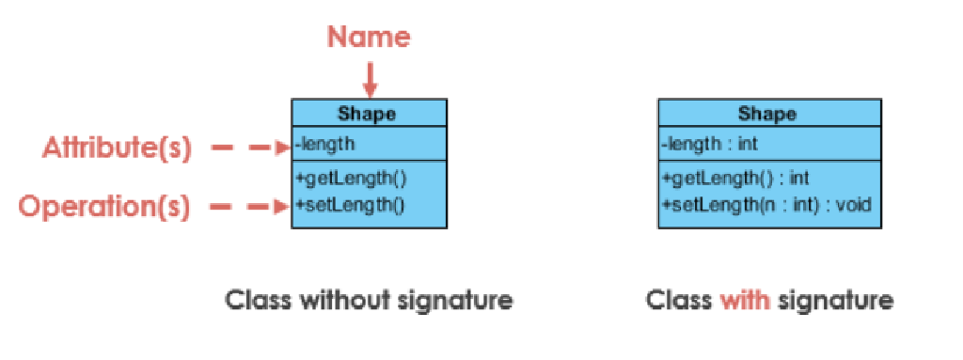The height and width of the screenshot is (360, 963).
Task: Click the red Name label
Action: pos(369,38)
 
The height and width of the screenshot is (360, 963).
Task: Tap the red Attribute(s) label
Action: pos(117,148)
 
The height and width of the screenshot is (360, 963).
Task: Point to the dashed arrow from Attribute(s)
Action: pos(248,147)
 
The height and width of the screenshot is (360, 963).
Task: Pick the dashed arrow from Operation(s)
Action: pos(248,206)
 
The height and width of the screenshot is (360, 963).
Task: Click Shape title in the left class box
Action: pos(368,114)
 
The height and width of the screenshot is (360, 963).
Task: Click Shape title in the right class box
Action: pos(767,114)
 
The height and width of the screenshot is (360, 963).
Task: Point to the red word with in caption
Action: pos(745,301)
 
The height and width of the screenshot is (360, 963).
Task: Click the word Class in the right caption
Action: pos(679,301)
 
